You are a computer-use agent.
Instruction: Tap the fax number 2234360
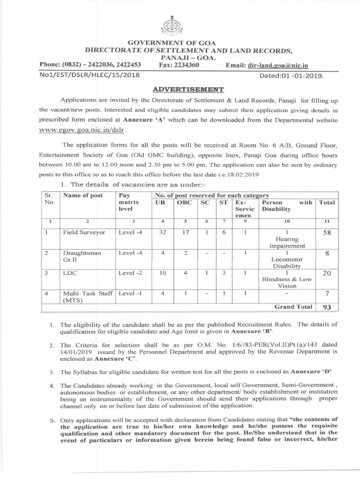point(186,65)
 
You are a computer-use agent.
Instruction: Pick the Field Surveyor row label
point(84,232)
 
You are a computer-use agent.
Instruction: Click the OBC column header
point(184,202)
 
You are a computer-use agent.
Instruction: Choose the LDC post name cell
point(70,273)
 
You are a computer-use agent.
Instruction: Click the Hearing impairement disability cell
point(287,242)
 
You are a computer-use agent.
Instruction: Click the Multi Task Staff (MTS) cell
point(88,297)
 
